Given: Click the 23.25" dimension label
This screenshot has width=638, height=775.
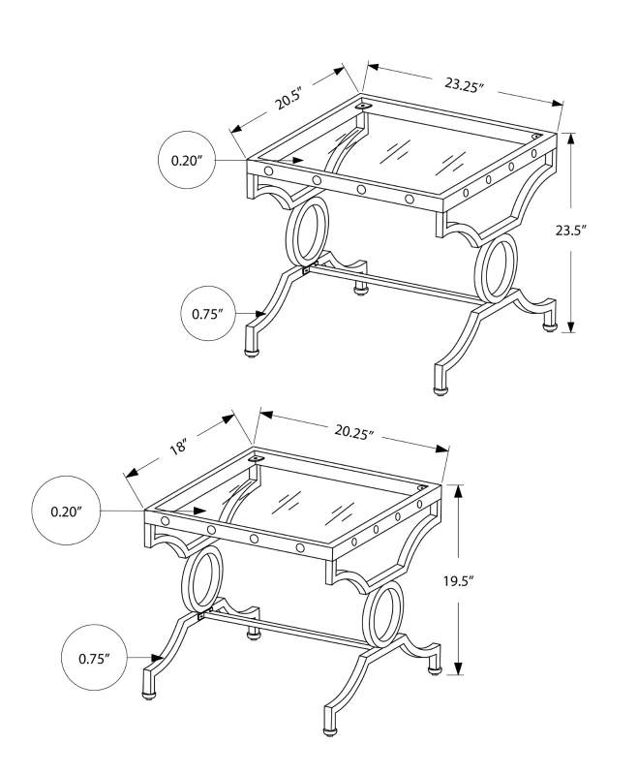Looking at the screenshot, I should (x=464, y=85).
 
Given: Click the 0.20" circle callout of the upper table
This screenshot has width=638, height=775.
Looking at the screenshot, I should (x=185, y=159).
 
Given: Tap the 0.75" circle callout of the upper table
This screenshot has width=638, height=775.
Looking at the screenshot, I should (x=208, y=314).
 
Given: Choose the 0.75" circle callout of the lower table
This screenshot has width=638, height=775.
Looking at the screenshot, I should (x=94, y=659).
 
